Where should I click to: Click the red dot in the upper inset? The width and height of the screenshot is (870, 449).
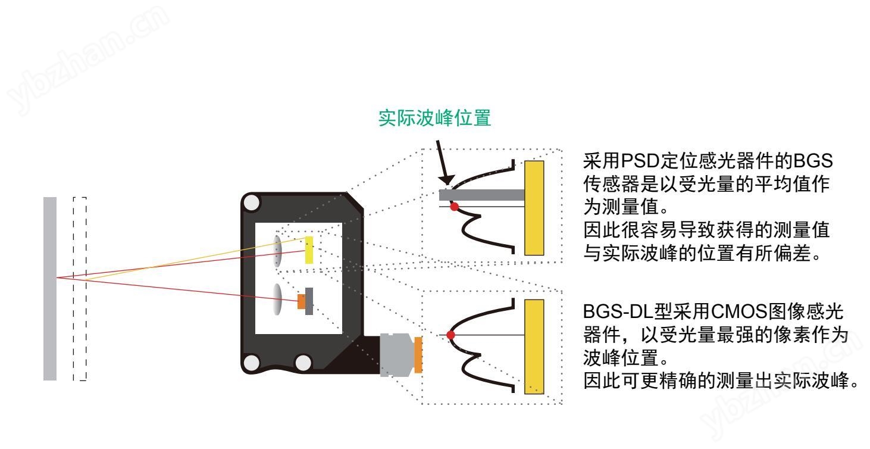click(x=455, y=207)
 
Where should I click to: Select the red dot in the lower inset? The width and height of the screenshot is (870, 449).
click(x=450, y=335)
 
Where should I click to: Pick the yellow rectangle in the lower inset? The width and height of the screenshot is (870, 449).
click(x=534, y=347)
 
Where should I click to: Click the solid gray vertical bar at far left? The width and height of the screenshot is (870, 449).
click(x=50, y=289)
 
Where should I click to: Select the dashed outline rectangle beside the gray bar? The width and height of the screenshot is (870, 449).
click(x=79, y=289)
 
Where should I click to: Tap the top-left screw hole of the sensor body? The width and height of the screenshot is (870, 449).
click(x=252, y=204)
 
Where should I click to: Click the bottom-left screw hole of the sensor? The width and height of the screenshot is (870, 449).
click(x=252, y=361)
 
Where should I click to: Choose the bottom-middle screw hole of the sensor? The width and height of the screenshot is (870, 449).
click(x=303, y=361)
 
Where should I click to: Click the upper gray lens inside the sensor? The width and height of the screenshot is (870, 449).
click(x=278, y=251)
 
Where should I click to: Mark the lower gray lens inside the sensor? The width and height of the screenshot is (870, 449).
click(x=278, y=299)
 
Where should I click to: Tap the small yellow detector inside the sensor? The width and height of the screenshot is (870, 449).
click(x=309, y=250)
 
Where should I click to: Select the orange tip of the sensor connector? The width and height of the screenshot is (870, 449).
click(x=418, y=356)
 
